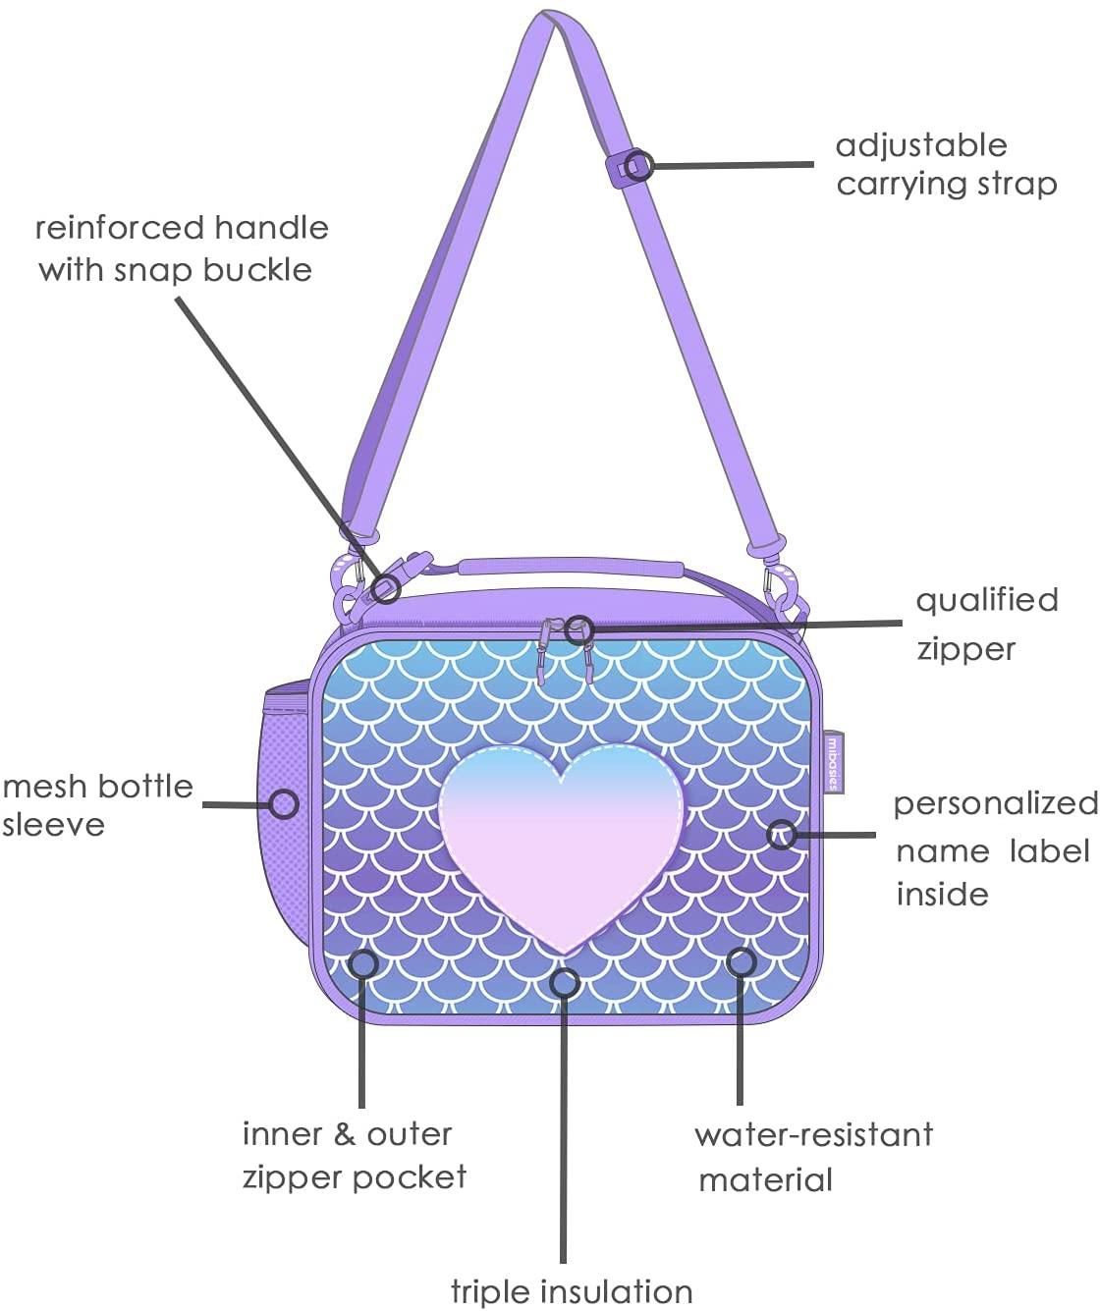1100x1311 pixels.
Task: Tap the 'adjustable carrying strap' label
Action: (946, 164)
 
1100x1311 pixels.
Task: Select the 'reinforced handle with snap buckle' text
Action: (181, 248)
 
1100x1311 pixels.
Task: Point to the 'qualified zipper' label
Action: (986, 624)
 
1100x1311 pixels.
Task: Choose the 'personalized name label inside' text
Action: (993, 848)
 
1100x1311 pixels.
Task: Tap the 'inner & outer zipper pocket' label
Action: (354, 1155)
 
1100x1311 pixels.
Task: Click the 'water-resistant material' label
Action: (813, 1157)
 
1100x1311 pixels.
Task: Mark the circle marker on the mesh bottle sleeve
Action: (285, 804)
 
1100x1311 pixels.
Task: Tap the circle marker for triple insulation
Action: (565, 980)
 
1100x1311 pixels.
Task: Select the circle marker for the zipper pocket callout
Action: (363, 962)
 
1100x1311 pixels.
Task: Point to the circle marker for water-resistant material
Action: (742, 961)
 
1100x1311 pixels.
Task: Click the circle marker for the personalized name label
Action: (782, 834)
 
